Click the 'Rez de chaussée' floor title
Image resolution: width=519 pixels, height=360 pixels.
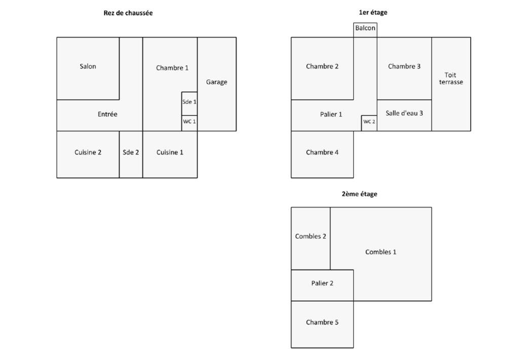point(128,13)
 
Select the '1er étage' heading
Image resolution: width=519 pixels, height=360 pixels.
point(373,13)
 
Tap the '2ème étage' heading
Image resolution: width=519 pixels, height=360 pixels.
point(359,194)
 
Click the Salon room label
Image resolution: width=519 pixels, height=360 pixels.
point(88,66)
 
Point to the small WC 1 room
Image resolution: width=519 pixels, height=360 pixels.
point(190,123)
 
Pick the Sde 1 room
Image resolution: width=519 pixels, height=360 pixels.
point(190,103)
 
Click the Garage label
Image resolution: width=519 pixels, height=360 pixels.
point(216,82)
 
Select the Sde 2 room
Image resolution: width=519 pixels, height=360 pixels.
point(131,154)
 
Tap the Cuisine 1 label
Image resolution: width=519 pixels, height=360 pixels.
point(170,152)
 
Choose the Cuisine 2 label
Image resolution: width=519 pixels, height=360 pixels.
point(88,152)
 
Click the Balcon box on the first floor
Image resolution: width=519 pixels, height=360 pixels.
point(365,30)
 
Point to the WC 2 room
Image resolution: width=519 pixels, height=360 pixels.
point(369,123)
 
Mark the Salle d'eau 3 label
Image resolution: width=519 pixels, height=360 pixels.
point(404,113)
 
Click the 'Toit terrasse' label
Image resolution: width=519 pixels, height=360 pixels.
point(451,79)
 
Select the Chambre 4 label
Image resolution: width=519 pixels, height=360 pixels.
point(322,152)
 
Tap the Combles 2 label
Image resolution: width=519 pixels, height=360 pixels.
point(311,236)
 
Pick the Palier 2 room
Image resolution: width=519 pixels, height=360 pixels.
point(322,285)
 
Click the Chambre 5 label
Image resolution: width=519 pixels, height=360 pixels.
point(322,322)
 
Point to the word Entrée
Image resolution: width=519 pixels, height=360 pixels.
point(107,114)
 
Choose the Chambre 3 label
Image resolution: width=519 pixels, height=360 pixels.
point(404,66)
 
